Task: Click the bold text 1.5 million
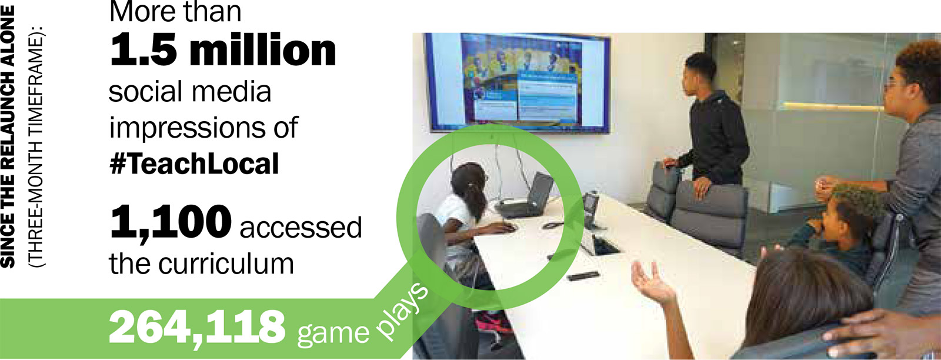(x=223, y=51)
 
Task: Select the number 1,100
(x=170, y=222)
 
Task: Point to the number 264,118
(x=197, y=328)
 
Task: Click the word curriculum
(x=226, y=264)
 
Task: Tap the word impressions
(x=188, y=127)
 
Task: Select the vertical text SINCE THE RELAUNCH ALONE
(x=8, y=137)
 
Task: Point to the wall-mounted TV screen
(x=518, y=82)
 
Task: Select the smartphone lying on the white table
(x=582, y=276)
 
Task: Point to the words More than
(x=175, y=11)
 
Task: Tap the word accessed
(x=301, y=227)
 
